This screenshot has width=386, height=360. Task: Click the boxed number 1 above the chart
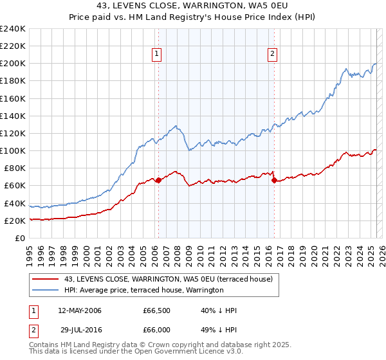click(x=157, y=55)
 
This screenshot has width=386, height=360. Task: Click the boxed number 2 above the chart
click(x=273, y=55)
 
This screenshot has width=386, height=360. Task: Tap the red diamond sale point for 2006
click(x=158, y=180)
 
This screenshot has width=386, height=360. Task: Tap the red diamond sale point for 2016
click(x=274, y=181)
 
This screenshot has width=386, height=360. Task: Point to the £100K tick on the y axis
click(x=12, y=150)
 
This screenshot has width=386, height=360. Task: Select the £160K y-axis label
click(x=12, y=98)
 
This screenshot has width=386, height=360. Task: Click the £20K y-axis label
click(x=15, y=221)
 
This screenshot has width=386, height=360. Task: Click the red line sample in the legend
click(x=46, y=279)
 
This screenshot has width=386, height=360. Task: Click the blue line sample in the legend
click(x=46, y=290)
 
